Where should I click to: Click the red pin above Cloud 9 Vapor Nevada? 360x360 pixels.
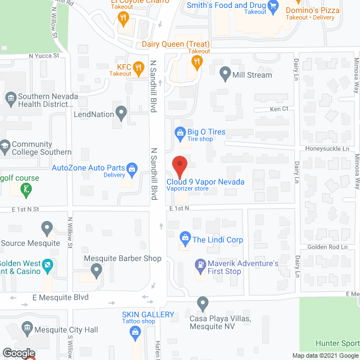pos(179,165)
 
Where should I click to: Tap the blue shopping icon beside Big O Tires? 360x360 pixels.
pos(180,133)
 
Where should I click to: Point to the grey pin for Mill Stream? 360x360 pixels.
pos(226,74)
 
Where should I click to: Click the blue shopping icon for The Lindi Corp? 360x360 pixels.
pos(184,238)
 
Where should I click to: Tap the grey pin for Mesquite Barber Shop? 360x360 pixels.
pos(97,270)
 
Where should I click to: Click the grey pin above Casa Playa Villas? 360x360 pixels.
pos(202,303)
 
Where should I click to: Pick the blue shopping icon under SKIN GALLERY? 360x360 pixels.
pos(136,333)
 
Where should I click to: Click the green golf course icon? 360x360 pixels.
pos(26,190)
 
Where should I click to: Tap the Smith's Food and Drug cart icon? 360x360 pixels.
pos(274,7)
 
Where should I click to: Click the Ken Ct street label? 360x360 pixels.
pos(279,109)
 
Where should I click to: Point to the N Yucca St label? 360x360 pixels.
pos(44,56)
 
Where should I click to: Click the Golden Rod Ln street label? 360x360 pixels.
pos(328,247)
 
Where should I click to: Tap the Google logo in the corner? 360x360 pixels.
pos(17,353)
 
